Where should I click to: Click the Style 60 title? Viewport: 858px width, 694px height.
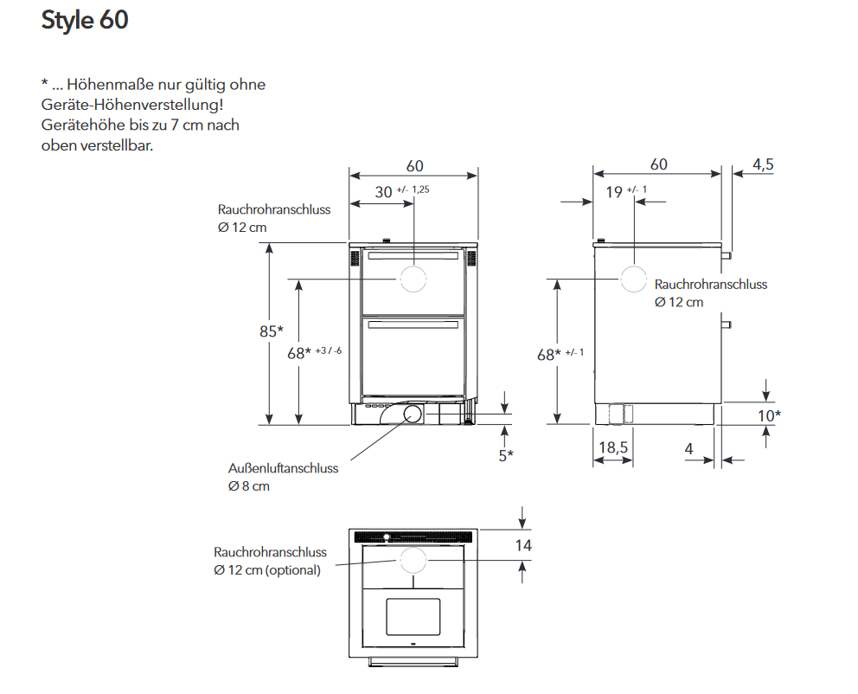[85, 20]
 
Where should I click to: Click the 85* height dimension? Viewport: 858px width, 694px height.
[272, 331]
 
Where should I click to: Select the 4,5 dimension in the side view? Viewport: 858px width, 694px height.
[763, 164]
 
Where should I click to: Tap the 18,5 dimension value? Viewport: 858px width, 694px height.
[613, 447]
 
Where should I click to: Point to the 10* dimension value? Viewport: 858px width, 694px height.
[769, 416]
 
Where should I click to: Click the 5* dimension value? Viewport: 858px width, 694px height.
[506, 455]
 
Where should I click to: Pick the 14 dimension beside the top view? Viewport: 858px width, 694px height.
[523, 546]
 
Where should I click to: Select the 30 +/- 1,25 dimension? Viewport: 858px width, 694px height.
[402, 191]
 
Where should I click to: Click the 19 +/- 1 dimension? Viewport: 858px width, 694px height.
[626, 191]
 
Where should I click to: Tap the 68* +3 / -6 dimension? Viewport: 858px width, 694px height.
[315, 352]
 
